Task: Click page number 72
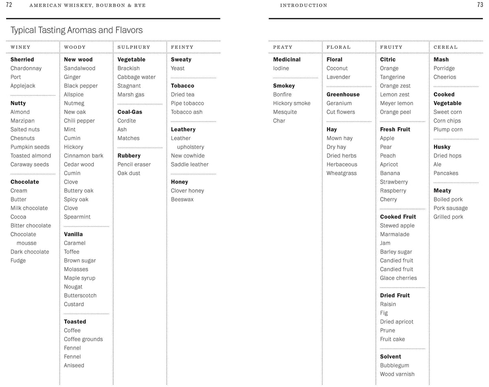(9, 5)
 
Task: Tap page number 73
(480, 5)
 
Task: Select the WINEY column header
(20, 47)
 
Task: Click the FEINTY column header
(182, 47)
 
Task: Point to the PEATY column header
(283, 47)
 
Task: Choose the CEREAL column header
(445, 47)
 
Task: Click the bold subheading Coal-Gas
(130, 112)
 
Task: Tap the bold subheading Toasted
(75, 321)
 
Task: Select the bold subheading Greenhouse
(343, 94)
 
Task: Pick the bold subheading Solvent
(390, 356)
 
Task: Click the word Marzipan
(22, 121)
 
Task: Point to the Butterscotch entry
(80, 295)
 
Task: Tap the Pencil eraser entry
(134, 164)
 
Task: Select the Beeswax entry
(182, 199)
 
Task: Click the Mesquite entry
(285, 112)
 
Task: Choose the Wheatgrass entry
(341, 173)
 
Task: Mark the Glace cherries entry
(398, 278)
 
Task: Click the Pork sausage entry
(450, 208)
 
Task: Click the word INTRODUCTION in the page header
(304, 5)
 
